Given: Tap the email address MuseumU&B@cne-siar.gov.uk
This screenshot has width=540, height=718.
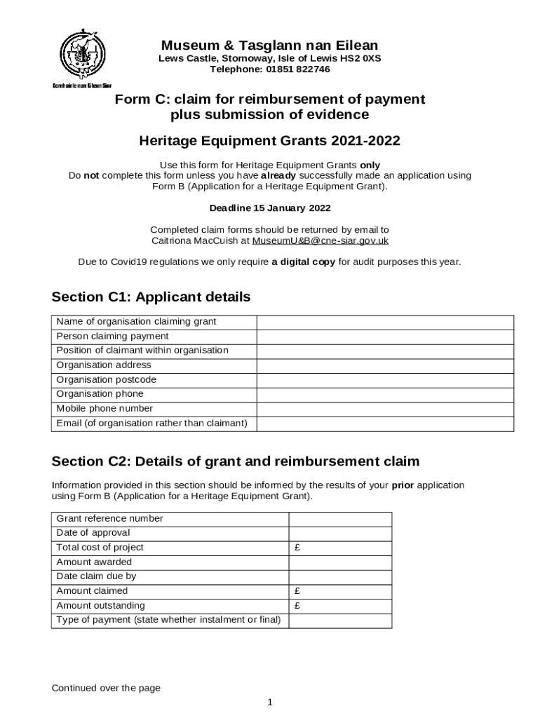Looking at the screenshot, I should (320, 241).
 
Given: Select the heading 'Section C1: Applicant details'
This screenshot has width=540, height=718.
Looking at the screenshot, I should (151, 297).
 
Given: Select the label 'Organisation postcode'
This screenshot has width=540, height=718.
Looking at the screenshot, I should (106, 379).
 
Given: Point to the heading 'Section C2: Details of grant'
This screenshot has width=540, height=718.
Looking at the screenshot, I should (236, 461).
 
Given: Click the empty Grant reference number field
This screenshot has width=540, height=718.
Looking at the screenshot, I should (340, 519).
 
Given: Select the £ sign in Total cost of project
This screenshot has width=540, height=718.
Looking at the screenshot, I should (298, 548).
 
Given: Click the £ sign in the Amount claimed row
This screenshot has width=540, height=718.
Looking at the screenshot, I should (298, 591).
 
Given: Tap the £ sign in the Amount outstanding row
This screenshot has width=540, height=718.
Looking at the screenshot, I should (298, 606).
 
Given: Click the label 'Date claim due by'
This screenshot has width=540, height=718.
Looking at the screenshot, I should (96, 576).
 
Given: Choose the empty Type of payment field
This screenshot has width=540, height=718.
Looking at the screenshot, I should (340, 621).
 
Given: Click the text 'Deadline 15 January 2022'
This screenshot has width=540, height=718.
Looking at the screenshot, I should (270, 208).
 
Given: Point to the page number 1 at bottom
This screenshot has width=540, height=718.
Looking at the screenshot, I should (270, 703).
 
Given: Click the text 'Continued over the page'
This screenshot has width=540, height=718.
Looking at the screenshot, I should (106, 688).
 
